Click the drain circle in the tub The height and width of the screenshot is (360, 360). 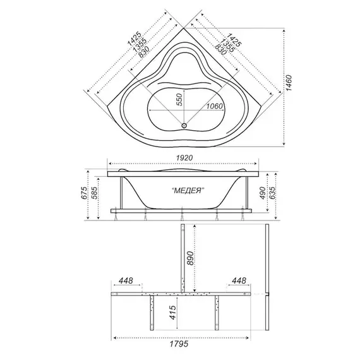pyautogui.click(x=184, y=126)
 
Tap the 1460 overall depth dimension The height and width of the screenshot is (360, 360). pyautogui.click(x=288, y=83)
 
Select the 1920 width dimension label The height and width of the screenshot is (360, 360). pyautogui.click(x=184, y=158)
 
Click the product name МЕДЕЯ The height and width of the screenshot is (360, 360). pyautogui.click(x=188, y=191)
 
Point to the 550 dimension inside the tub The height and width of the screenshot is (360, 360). pyautogui.click(x=180, y=100)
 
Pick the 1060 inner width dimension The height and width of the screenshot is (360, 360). pyautogui.click(x=214, y=106)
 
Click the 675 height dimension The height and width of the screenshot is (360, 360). pyautogui.click(x=85, y=193)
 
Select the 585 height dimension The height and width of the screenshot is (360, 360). pyautogui.click(x=95, y=193)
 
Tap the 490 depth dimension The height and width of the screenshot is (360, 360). pyautogui.click(x=263, y=193)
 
